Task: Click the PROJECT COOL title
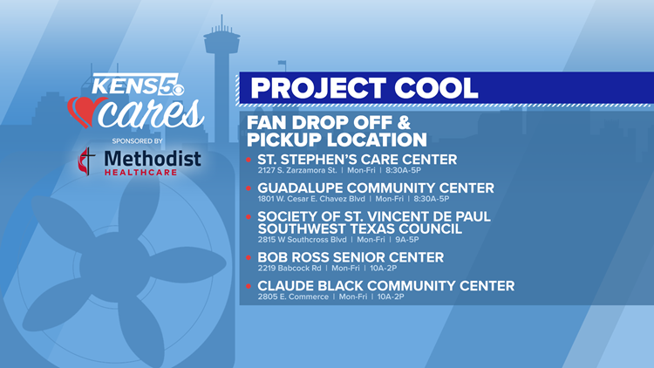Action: [x=364, y=88]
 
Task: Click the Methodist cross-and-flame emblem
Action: [x=86, y=161]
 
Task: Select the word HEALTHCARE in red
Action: [x=140, y=173]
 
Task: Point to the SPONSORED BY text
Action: [x=137, y=141]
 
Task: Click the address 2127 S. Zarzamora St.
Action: [x=297, y=170]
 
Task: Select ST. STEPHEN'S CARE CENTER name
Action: [x=357, y=160]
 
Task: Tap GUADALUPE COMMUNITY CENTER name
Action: [x=375, y=188]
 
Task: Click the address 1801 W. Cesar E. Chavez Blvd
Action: [x=311, y=199]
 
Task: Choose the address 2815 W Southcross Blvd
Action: [x=302, y=240]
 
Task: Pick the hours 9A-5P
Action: [x=406, y=240]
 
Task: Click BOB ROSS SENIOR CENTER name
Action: [x=351, y=257]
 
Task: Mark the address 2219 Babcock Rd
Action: [x=290, y=269]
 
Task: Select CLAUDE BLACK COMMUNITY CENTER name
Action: [x=385, y=286]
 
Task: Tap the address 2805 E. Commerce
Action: [x=293, y=296]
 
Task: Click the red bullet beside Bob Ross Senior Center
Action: [x=249, y=258]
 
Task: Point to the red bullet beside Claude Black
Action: [x=249, y=286]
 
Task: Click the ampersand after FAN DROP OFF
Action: [x=404, y=123]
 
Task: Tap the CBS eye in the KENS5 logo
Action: [x=178, y=90]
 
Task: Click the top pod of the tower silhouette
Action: [x=221, y=42]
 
